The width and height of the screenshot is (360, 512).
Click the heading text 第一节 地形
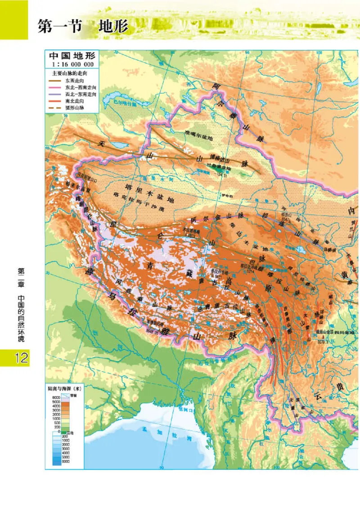click(83, 26)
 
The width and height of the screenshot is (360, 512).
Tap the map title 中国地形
click(72, 56)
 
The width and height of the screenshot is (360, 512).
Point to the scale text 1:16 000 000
click(72, 64)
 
